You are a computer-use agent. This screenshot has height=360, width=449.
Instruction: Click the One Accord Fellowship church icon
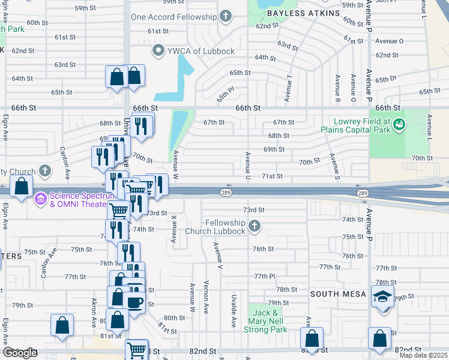[226, 16]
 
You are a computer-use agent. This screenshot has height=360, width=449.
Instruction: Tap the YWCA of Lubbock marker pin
[159, 50]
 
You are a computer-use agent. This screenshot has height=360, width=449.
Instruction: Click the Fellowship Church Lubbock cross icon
[255, 226]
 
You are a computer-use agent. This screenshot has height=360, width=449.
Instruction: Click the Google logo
[20, 353]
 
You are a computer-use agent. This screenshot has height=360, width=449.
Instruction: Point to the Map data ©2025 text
[423, 355]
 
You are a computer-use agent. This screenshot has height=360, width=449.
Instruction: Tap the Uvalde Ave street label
[234, 310]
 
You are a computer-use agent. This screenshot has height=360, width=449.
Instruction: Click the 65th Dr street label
[386, 79]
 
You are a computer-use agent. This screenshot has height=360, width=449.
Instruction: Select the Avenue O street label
[389, 41]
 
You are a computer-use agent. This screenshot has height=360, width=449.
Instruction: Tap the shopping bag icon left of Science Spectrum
[22, 187]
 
